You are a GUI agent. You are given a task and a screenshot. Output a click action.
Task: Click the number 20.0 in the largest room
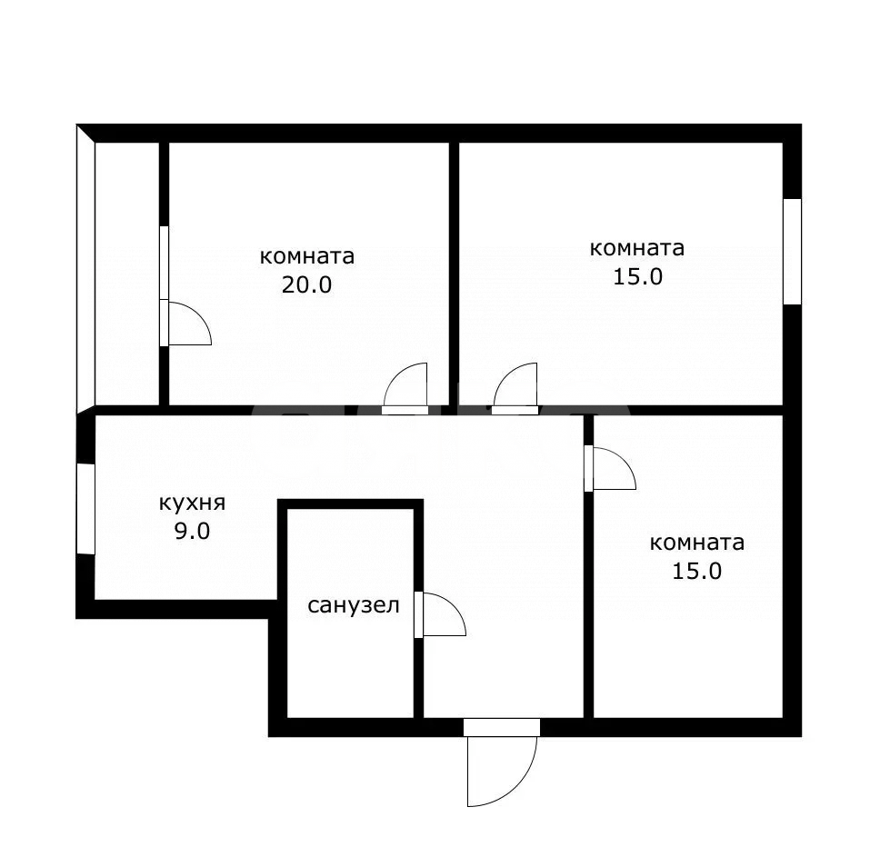click(x=306, y=284)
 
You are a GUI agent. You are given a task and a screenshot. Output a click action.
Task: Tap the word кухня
click(x=192, y=503)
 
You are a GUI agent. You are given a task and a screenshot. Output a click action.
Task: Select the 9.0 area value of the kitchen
click(x=192, y=531)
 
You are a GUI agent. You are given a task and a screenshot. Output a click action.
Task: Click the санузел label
click(x=354, y=606)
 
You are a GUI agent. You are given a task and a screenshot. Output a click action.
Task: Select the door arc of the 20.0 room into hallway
click(x=405, y=384)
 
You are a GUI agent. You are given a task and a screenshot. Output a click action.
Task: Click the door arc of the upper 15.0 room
click(x=515, y=384)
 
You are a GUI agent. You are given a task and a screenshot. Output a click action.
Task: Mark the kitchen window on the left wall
click(x=85, y=509)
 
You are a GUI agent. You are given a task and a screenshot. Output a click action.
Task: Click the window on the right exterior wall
click(x=793, y=252)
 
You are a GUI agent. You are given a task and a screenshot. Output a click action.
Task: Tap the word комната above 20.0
click(x=307, y=256)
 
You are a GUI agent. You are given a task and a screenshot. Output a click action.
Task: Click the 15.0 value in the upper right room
click(x=637, y=277)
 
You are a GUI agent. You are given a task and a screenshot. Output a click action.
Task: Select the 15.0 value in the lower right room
click(x=697, y=572)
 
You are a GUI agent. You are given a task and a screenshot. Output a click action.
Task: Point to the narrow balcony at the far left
click(x=127, y=273)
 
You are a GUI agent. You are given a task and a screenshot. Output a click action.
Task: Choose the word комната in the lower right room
click(x=697, y=543)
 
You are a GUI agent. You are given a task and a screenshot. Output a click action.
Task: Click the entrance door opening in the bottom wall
click(x=502, y=727)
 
